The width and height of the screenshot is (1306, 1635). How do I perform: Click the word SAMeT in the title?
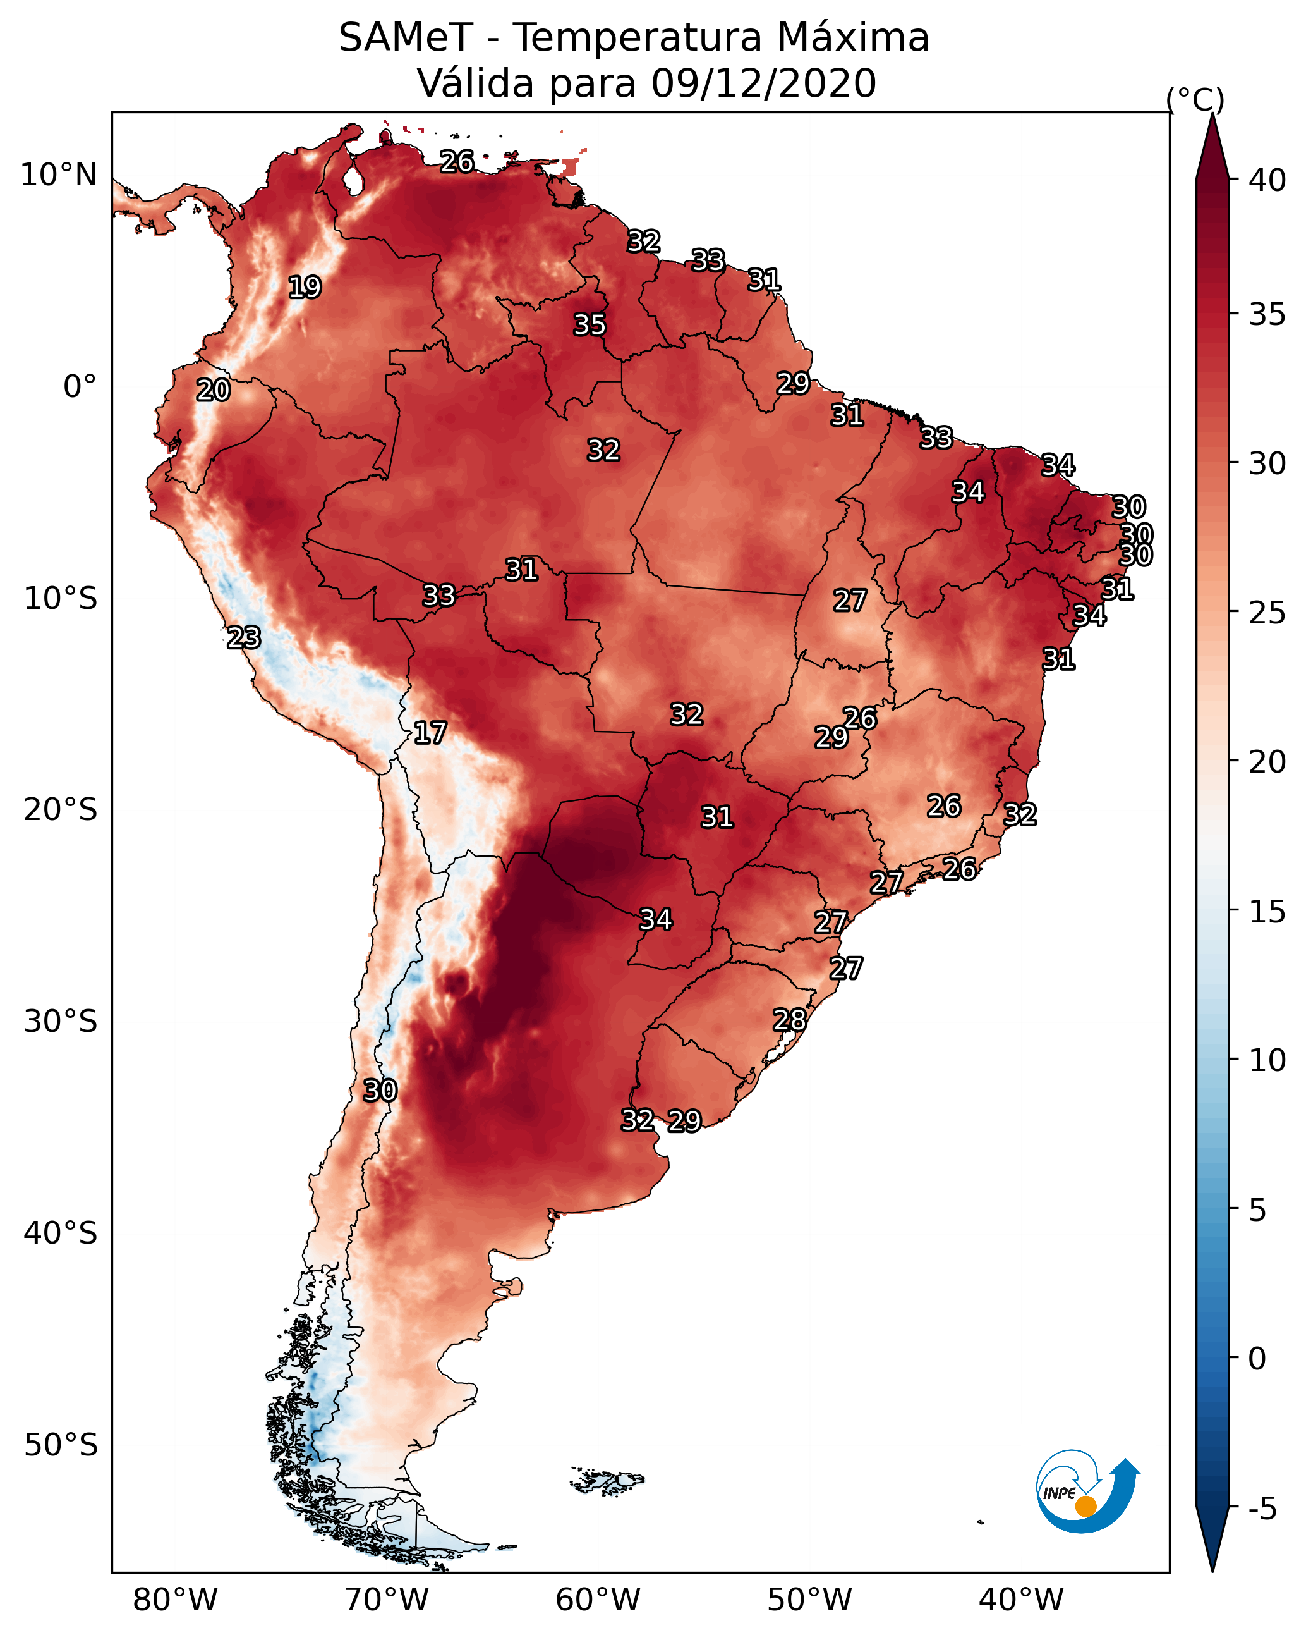[406, 38]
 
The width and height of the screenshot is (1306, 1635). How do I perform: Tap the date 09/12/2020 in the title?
[763, 83]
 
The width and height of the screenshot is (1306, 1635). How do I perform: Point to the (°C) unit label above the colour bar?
[1195, 99]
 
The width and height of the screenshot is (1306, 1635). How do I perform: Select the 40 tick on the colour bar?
[1267, 180]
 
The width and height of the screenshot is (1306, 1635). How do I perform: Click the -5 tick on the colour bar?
[1262, 1509]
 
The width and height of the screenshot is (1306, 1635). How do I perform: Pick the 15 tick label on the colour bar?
[1267, 912]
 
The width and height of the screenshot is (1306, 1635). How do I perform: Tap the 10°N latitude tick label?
[58, 175]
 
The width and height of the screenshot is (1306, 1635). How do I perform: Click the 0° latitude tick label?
[80, 387]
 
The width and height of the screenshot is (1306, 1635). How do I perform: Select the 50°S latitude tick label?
[61, 1445]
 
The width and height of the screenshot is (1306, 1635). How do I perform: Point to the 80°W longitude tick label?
[175, 1600]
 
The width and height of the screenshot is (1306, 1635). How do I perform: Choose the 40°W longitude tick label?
[1021, 1600]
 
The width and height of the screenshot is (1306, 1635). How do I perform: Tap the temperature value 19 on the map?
[305, 288]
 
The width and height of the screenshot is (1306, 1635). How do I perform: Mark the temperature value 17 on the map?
[430, 733]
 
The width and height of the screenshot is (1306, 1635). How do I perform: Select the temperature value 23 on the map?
[243, 638]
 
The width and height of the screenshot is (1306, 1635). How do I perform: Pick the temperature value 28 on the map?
[789, 1020]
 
